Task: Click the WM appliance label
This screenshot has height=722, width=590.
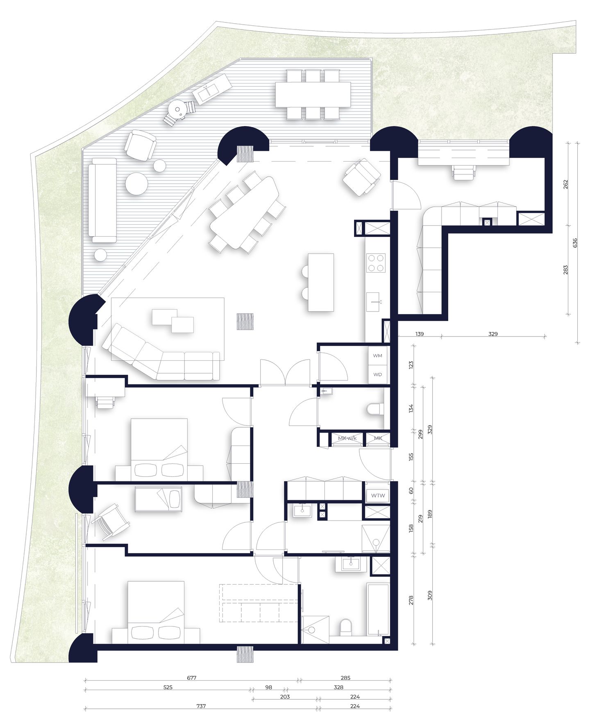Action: click(377, 355)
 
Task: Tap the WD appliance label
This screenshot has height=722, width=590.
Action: click(377, 374)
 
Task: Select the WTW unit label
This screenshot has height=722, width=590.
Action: click(378, 495)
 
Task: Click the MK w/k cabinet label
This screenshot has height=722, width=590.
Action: click(347, 438)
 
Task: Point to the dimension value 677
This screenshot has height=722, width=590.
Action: click(191, 678)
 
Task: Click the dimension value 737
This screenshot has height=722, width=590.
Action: click(201, 706)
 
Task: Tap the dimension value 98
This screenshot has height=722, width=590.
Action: click(268, 687)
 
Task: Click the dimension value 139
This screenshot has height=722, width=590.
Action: click(419, 334)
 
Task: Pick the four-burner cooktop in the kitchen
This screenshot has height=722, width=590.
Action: click(376, 263)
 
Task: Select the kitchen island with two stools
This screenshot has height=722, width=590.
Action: click(321, 282)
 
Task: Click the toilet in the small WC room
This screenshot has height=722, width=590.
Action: click(374, 409)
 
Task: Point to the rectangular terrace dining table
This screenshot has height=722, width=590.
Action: click(313, 95)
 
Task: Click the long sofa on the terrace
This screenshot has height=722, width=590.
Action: click(102, 201)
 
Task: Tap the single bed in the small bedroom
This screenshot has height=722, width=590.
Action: click(158, 499)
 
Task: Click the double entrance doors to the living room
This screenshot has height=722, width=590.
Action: click(285, 372)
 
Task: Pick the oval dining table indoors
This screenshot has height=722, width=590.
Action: click(245, 212)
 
